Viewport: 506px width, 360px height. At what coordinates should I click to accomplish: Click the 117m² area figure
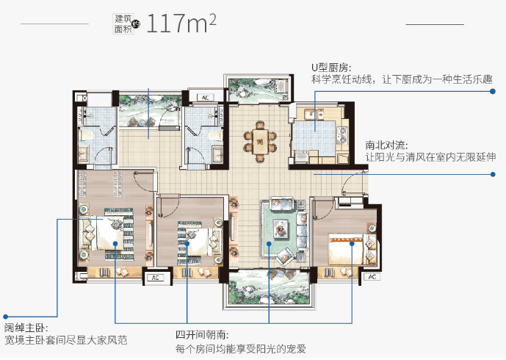click(x=181, y=24)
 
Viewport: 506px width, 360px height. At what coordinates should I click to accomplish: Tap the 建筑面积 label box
click(x=123, y=24)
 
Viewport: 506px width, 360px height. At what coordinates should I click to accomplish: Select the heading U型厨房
click(x=331, y=68)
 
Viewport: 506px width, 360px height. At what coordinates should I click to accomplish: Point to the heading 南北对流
click(x=386, y=145)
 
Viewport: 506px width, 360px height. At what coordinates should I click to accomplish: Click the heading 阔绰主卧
click(x=26, y=328)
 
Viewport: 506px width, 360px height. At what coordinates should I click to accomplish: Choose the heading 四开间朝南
click(x=203, y=335)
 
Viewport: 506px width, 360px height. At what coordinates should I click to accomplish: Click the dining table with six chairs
click(x=260, y=142)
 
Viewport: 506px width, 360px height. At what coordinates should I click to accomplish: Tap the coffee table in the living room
click(x=280, y=228)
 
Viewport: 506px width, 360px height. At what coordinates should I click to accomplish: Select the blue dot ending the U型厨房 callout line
click(x=493, y=91)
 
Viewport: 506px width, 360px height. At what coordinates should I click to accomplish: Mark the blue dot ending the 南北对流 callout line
click(x=493, y=174)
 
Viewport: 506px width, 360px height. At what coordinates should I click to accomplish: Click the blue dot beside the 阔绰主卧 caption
click(x=5, y=317)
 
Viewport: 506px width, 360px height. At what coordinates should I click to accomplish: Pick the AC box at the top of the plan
click(x=206, y=97)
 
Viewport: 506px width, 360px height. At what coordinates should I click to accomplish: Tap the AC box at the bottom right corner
click(x=372, y=277)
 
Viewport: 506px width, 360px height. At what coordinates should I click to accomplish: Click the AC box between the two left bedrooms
click(x=156, y=278)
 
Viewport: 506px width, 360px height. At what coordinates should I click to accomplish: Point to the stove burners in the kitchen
click(x=342, y=135)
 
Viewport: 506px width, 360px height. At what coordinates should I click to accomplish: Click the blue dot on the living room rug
click(x=269, y=244)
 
